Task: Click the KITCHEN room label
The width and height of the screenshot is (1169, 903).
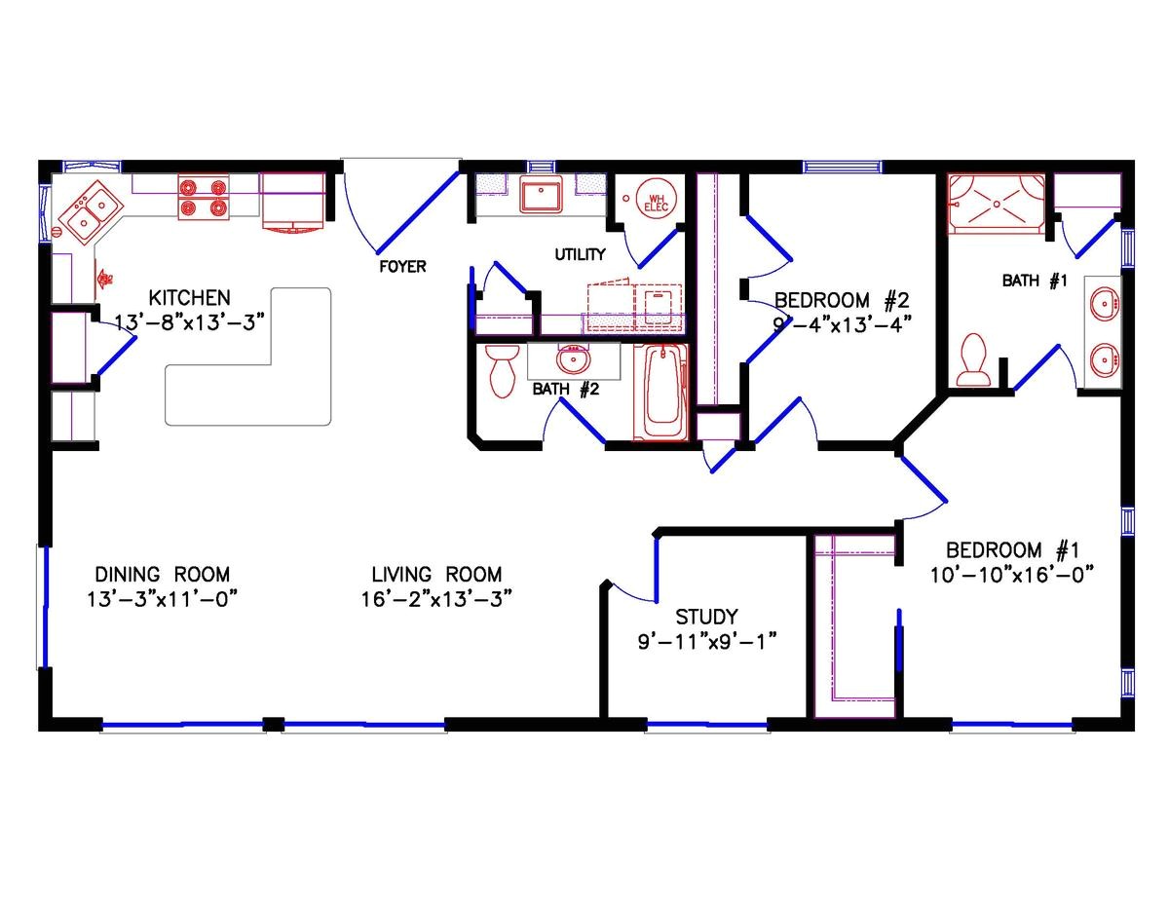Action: point(190,297)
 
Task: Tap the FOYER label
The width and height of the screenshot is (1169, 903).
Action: point(402,266)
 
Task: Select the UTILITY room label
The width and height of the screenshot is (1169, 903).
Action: point(581,255)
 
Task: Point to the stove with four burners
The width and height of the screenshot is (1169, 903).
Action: point(203,195)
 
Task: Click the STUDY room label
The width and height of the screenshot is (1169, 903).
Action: point(706,617)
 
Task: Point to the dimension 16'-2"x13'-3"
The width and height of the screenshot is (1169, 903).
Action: point(436,597)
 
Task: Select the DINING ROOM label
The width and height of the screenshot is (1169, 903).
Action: point(163,574)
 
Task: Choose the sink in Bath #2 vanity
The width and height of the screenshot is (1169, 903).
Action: point(572,360)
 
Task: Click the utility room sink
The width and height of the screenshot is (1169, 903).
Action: point(539,195)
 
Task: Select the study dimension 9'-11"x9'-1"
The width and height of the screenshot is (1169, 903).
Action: point(706,641)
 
